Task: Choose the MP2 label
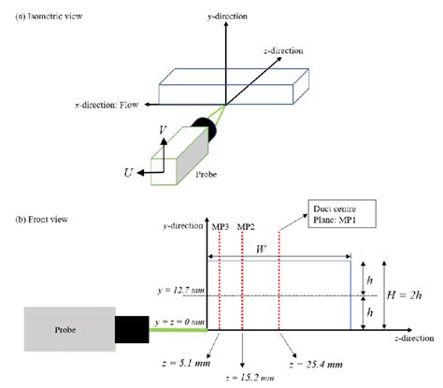(x=246, y=227)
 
